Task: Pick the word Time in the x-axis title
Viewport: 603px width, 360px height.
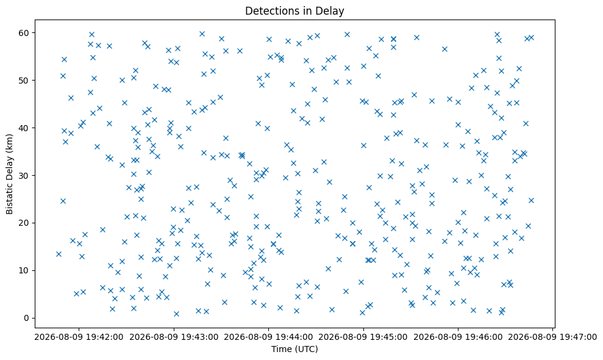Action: [x=281, y=349]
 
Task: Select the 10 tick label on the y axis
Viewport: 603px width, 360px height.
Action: [x=24, y=270]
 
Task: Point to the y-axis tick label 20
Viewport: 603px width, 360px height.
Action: [x=24, y=223]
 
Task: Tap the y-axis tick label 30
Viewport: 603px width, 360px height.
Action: [x=24, y=175]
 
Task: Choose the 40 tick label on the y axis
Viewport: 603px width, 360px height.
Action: [x=24, y=128]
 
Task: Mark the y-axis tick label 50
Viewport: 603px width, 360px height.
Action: [x=24, y=80]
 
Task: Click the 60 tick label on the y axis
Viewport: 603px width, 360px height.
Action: [x=24, y=33]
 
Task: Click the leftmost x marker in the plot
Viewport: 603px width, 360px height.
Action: [x=59, y=254]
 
